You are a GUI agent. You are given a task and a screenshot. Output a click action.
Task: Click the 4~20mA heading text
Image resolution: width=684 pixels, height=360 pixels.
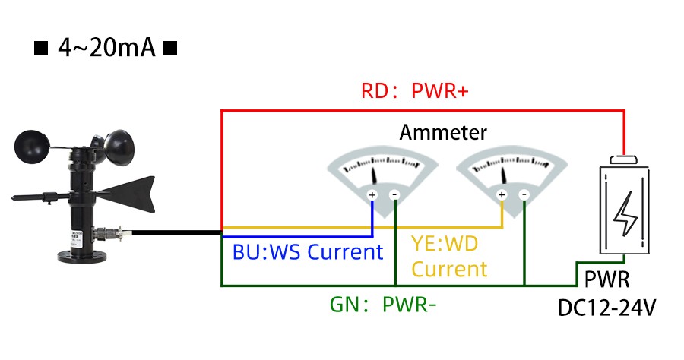[106, 49]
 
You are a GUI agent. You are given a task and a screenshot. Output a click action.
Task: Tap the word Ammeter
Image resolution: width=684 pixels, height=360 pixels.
[443, 132]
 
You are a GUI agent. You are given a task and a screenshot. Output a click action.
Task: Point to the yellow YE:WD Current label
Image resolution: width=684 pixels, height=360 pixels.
[449, 257]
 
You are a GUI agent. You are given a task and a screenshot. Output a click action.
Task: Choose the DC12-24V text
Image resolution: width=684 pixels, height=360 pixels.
[607, 308]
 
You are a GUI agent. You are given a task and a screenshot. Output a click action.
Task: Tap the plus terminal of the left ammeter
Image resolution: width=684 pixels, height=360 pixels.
[372, 195]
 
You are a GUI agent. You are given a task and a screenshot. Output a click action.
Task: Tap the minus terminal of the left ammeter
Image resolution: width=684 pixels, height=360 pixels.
[394, 195]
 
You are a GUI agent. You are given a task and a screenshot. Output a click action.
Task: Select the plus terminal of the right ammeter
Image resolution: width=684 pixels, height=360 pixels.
[502, 195]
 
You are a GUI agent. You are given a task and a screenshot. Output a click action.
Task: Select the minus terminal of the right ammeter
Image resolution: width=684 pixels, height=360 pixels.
[524, 195]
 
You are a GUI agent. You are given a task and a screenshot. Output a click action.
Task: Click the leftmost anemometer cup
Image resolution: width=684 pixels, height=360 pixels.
[33, 144]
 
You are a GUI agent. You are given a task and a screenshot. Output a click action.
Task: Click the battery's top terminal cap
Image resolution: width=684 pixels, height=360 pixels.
[625, 160]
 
